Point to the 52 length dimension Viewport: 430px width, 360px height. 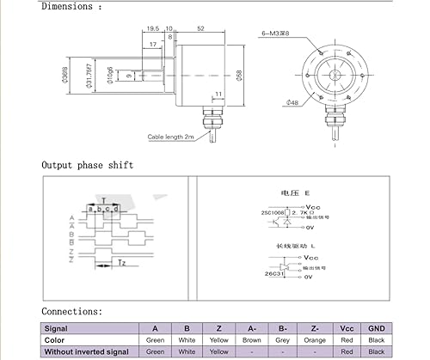coord(200,29)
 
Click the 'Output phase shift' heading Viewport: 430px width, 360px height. coord(89,165)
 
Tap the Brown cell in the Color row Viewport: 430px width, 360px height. coord(251,339)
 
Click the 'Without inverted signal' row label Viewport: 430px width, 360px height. coord(86,351)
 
